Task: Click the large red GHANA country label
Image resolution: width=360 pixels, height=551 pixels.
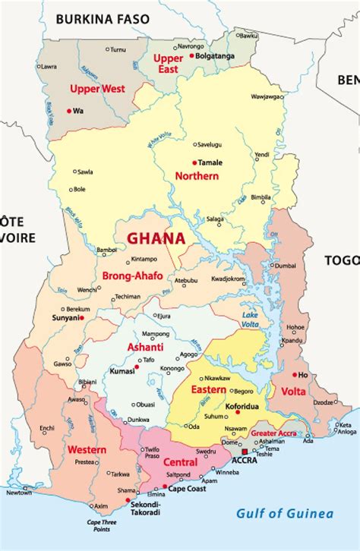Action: pos(156,238)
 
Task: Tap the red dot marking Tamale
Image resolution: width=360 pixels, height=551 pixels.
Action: pos(194,162)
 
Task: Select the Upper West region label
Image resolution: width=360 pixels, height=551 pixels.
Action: pos(97,89)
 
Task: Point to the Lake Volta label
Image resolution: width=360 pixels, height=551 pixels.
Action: pos(251,320)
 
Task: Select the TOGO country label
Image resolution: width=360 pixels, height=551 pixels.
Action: pos(341,260)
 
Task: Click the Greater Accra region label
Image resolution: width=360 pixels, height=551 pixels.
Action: pos(275,434)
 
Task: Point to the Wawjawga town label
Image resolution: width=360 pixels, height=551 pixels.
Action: pos(267,96)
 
